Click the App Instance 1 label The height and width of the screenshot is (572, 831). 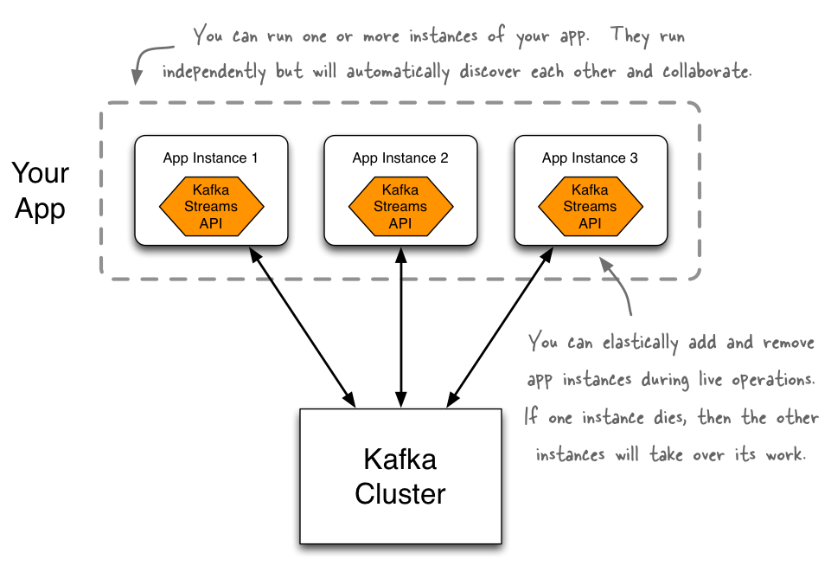coord(210,158)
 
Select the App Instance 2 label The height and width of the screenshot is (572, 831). coord(400,158)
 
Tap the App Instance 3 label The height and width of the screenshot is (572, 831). coord(590,158)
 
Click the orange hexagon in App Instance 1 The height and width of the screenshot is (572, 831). coord(211,207)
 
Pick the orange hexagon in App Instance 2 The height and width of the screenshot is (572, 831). coord(400,207)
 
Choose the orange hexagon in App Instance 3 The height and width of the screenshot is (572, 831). coord(590,207)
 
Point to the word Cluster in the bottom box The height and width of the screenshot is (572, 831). coord(400,494)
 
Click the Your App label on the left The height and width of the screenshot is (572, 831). coord(40,191)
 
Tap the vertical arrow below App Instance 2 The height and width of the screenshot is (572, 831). coord(400,326)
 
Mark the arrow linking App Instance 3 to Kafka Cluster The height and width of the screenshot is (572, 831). coord(499,326)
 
